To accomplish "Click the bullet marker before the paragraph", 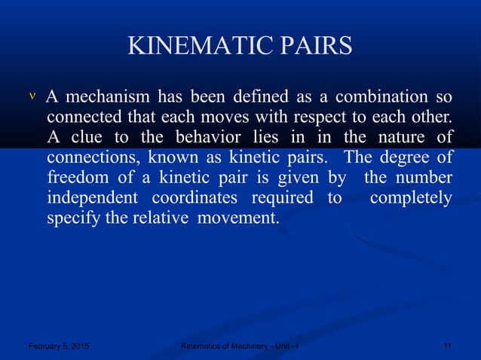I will pos(31,97).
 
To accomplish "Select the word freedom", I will pos(76,178).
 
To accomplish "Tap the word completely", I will pos(411,198).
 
